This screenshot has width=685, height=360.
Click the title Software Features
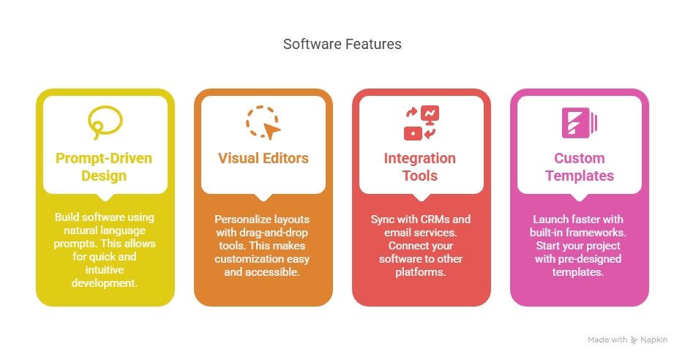[x=342, y=44]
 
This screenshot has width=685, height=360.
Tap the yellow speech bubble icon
[x=105, y=122]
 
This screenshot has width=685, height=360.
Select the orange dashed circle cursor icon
[x=263, y=122]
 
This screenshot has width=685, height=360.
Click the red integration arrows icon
[x=421, y=122]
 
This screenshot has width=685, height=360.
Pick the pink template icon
[x=579, y=122]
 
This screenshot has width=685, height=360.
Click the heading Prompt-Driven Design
[x=105, y=167]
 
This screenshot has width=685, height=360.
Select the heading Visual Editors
[x=263, y=158]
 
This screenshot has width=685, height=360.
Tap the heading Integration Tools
[x=421, y=167]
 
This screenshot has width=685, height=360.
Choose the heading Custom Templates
[x=579, y=167]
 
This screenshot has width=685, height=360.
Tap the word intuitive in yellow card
[x=105, y=269]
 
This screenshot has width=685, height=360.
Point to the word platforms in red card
[x=421, y=272]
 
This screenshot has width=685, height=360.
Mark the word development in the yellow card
[x=105, y=282]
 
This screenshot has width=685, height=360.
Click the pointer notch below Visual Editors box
[x=263, y=198]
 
